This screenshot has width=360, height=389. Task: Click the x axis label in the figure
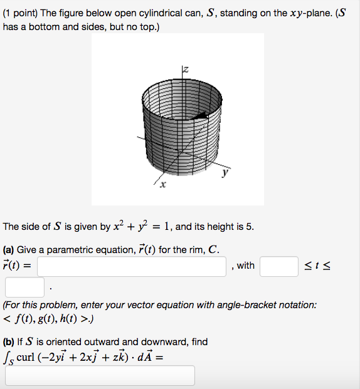point(162,185)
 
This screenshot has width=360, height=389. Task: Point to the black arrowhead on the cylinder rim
point(203,115)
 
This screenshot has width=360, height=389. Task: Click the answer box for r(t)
point(132,266)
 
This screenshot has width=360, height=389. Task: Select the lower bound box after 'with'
point(278,266)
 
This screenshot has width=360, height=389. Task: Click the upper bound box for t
point(24,288)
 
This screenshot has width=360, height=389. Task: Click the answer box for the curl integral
point(100,375)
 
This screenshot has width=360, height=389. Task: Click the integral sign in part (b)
point(6,359)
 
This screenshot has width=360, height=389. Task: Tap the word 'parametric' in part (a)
point(70,249)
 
